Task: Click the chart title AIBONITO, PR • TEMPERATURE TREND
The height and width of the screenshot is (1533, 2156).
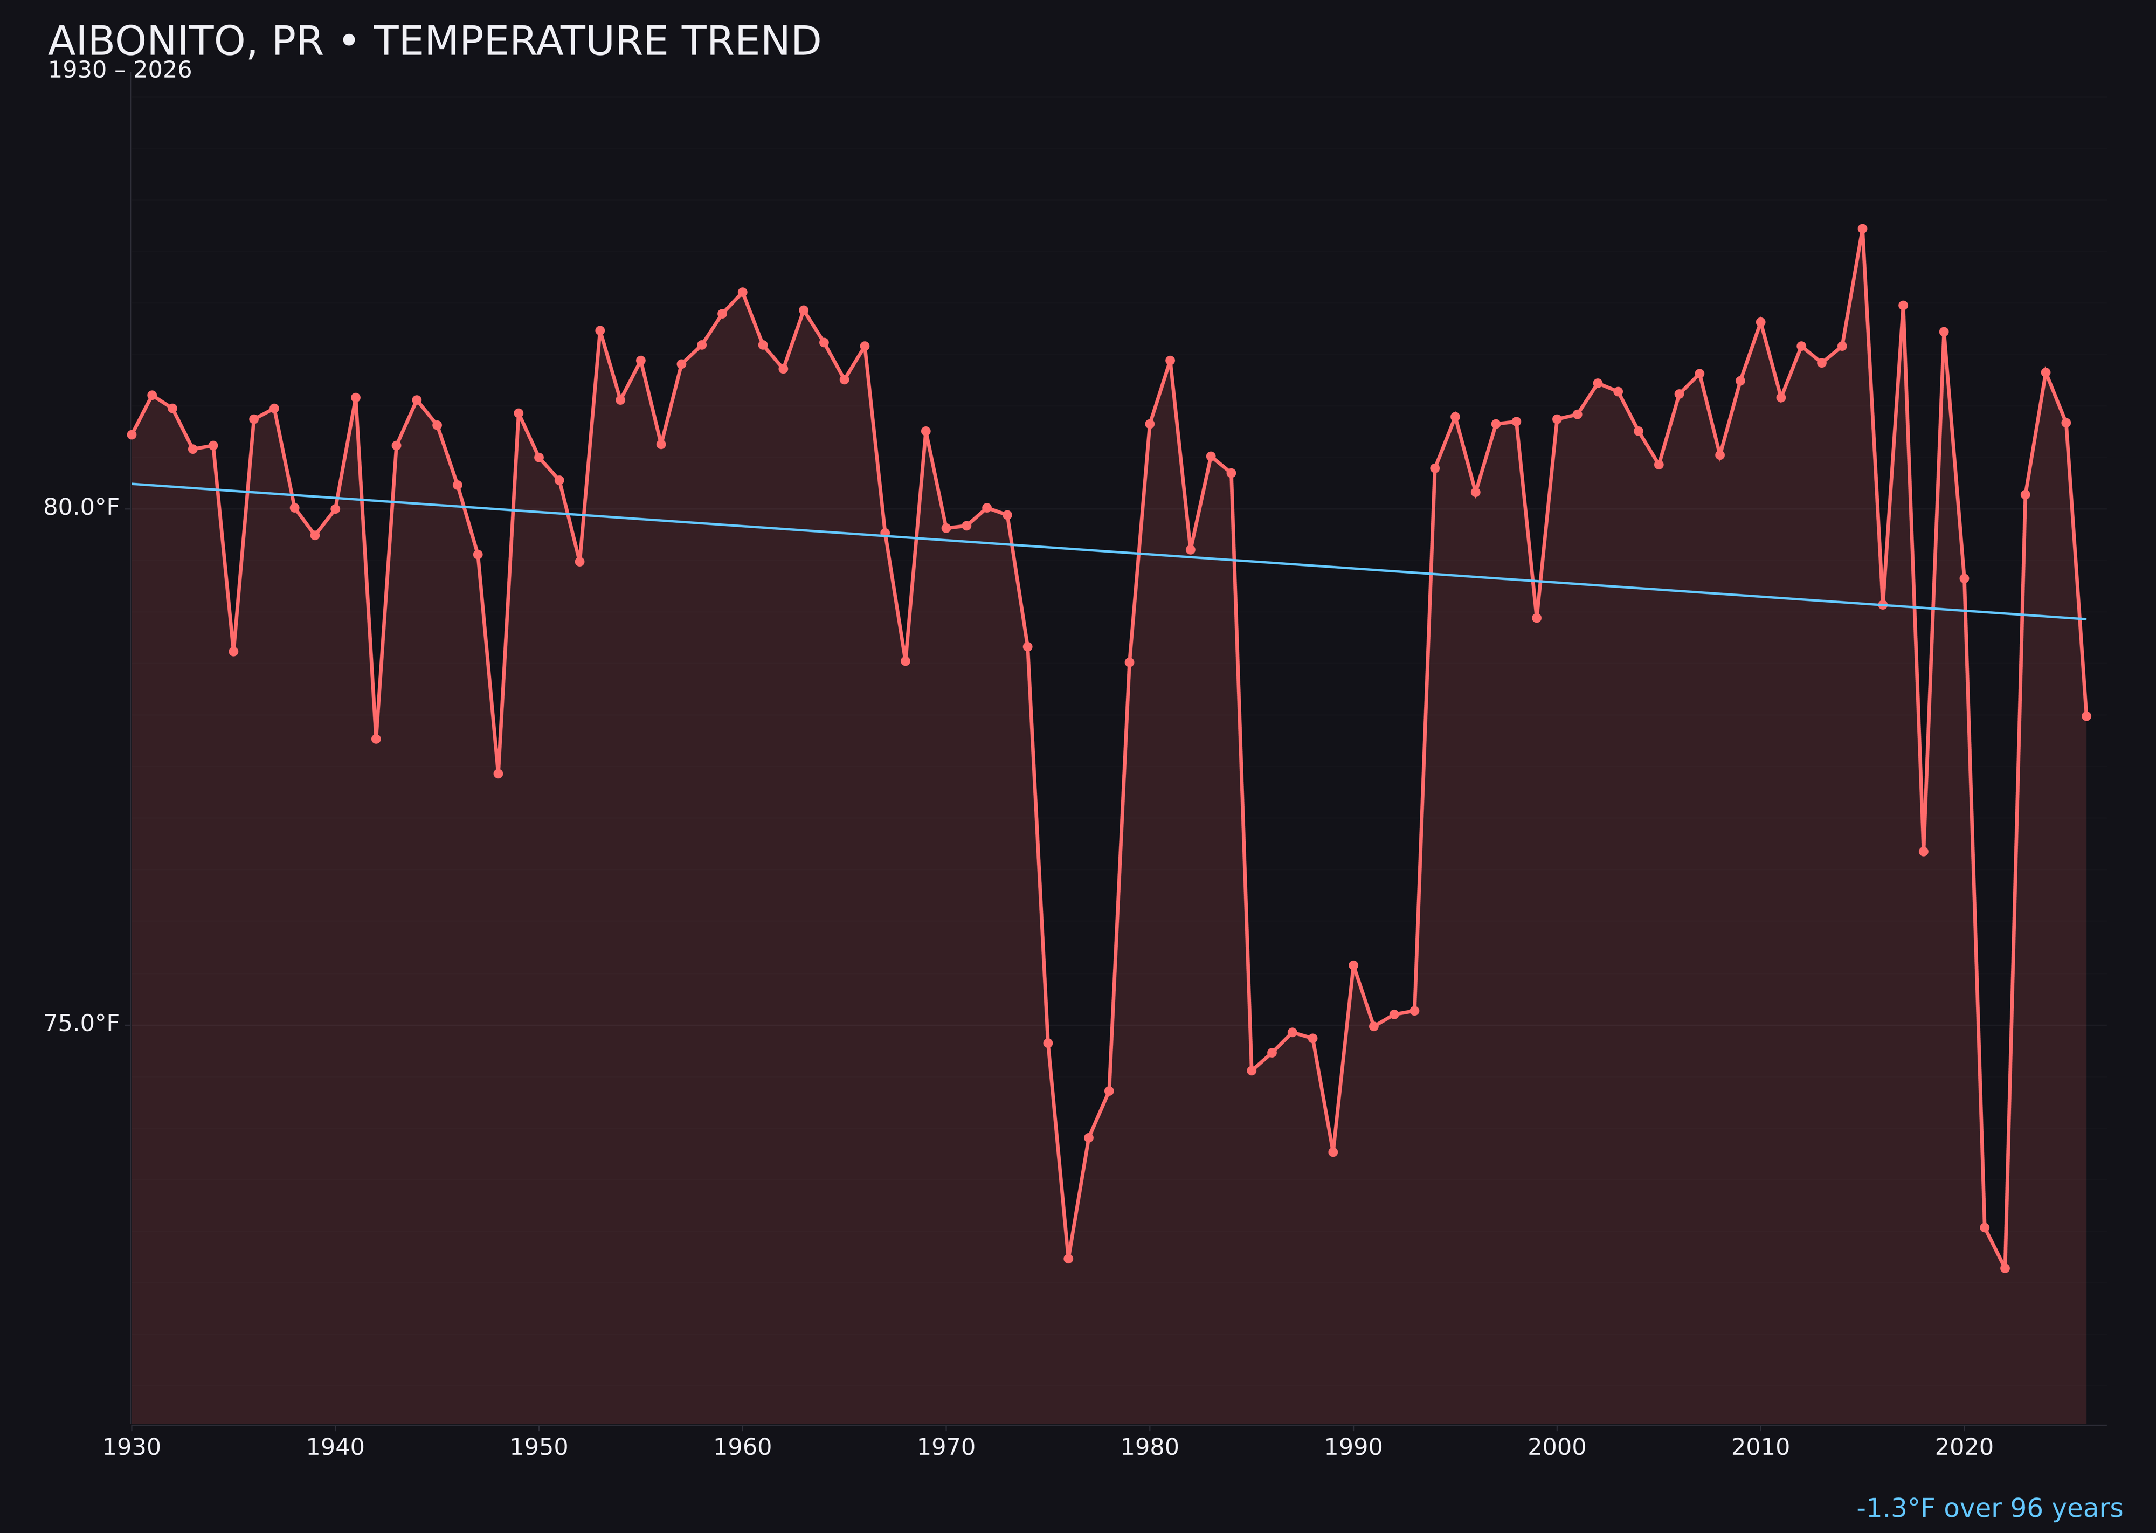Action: point(434,42)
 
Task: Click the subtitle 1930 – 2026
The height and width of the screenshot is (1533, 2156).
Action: point(120,71)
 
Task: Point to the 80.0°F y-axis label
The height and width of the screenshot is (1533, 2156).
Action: point(81,508)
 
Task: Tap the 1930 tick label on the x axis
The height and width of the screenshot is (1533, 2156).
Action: point(131,1448)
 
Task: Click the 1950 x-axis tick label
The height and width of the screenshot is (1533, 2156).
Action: point(539,1448)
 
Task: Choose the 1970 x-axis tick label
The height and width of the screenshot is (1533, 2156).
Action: point(946,1448)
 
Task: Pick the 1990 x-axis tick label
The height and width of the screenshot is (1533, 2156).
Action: point(1353,1448)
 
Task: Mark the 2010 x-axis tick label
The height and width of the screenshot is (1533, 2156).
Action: point(1760,1448)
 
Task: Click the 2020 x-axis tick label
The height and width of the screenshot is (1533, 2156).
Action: point(1964,1448)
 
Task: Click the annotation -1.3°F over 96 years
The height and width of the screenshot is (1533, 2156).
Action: point(1989,1508)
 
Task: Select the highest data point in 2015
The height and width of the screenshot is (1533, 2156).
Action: point(1862,229)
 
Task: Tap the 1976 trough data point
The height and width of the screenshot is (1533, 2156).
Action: point(1068,1258)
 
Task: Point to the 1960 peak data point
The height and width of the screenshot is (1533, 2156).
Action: point(743,292)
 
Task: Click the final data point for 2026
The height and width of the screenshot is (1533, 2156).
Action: point(2086,715)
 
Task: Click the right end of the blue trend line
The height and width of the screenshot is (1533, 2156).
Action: point(2085,619)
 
